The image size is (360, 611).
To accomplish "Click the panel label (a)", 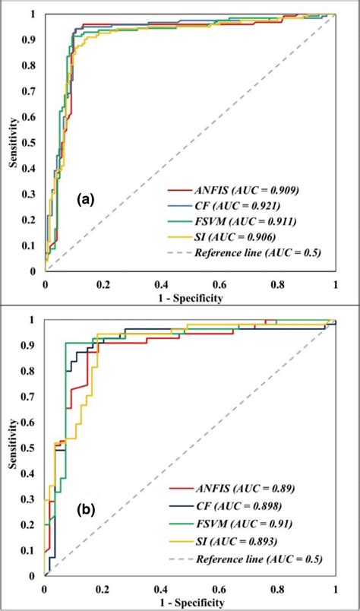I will [84, 200].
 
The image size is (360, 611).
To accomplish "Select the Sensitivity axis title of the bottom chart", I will [11, 448].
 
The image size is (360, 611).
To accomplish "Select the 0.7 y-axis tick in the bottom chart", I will [32, 397].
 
